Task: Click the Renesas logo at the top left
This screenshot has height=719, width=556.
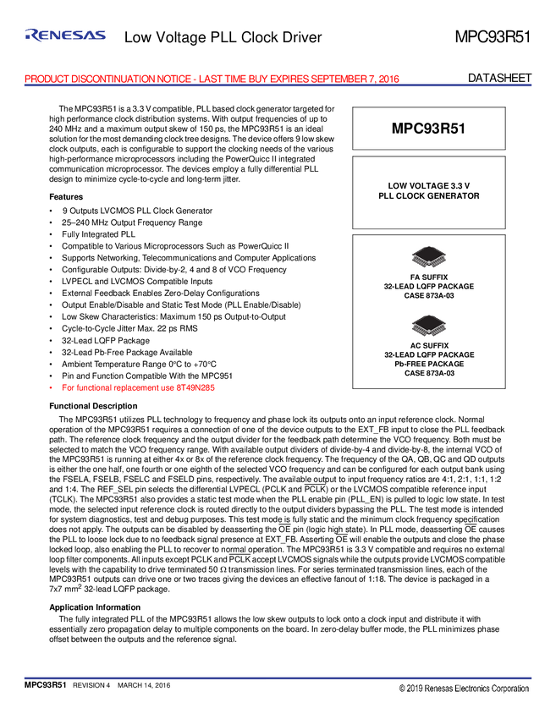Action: coord(65,35)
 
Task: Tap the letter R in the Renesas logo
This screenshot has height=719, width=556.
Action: coord(32,35)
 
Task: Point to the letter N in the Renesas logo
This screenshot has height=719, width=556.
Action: coord(56,35)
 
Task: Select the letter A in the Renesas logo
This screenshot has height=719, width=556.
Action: coord(89,35)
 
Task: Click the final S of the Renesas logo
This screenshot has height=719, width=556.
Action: coord(100,35)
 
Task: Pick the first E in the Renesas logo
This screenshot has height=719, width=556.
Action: coord(44,35)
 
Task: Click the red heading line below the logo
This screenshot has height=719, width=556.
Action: coord(212,77)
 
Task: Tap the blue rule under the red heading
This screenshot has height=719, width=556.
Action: coord(279,83)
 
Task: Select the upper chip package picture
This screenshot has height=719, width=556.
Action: coord(429,257)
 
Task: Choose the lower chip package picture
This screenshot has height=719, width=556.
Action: coord(429,326)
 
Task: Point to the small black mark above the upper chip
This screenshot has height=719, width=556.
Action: coord(429,244)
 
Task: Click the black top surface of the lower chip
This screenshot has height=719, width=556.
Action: coord(429,322)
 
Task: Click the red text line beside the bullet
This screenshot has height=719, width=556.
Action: coord(139,388)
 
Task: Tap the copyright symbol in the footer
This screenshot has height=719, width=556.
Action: coord(403,689)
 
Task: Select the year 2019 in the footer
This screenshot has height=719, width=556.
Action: coord(416,689)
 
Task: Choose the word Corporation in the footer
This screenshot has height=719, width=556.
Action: coord(514,689)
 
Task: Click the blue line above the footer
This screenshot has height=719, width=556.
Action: coord(279,677)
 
